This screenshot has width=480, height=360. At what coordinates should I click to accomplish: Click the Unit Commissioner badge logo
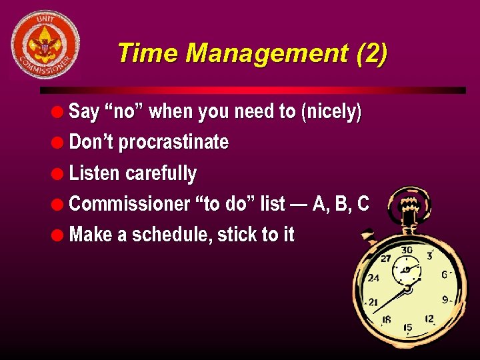tap(45, 45)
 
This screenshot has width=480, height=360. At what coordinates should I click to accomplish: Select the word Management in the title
tap(267, 53)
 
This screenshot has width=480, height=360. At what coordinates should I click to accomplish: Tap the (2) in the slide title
tap(371, 53)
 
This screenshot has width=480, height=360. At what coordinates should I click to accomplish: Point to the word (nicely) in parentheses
tap(331, 111)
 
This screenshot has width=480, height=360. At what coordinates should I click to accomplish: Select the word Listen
tap(95, 173)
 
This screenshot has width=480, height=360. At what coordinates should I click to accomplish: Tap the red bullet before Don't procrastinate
tap(60, 143)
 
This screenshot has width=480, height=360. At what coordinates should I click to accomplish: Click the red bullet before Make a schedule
tap(60, 235)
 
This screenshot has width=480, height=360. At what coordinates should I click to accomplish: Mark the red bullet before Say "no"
tap(60, 111)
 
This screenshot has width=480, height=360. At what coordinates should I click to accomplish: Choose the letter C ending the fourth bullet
tap(363, 204)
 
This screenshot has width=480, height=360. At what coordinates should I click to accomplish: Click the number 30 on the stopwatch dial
tap(407, 250)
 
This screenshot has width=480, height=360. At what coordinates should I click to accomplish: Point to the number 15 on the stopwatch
tap(407, 327)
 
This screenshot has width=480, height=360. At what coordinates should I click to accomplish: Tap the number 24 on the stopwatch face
tap(374, 278)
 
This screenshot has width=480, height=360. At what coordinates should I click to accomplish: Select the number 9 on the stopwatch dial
tap(445, 299)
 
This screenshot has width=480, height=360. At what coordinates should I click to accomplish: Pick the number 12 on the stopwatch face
tap(429, 319)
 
